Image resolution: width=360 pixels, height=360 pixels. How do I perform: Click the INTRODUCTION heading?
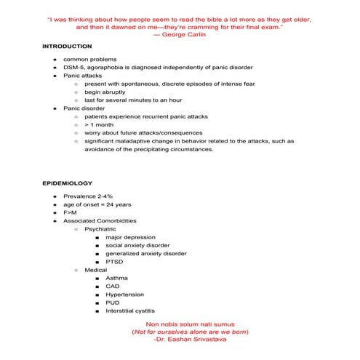click(67, 46)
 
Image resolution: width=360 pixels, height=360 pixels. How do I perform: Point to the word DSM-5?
click(75, 66)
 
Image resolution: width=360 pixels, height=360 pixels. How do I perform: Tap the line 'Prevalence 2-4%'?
click(87, 196)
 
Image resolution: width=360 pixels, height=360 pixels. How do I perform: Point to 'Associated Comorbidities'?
click(99, 221)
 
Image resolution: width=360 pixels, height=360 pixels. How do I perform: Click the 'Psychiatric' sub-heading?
click(100, 229)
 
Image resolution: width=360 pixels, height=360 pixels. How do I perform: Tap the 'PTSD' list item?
click(114, 262)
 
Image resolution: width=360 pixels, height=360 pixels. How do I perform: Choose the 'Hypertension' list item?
click(124, 295)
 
